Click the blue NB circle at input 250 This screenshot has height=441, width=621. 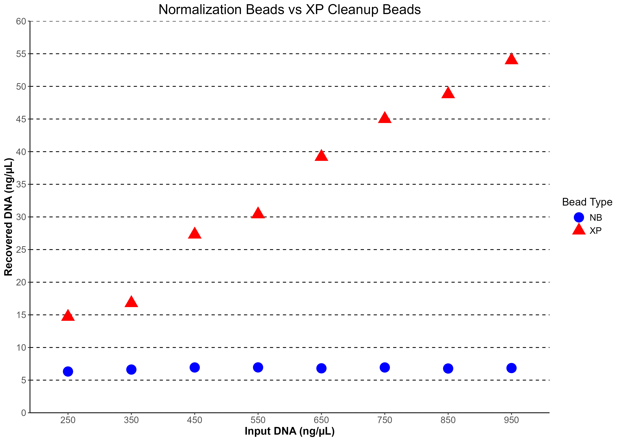tap(68, 371)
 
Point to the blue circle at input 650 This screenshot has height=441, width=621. tap(321, 368)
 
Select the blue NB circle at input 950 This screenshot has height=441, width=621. tap(511, 368)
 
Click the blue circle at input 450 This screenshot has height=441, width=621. tap(195, 367)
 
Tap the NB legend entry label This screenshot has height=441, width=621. tap(596, 218)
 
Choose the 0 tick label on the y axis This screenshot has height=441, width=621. tap(24, 413)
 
